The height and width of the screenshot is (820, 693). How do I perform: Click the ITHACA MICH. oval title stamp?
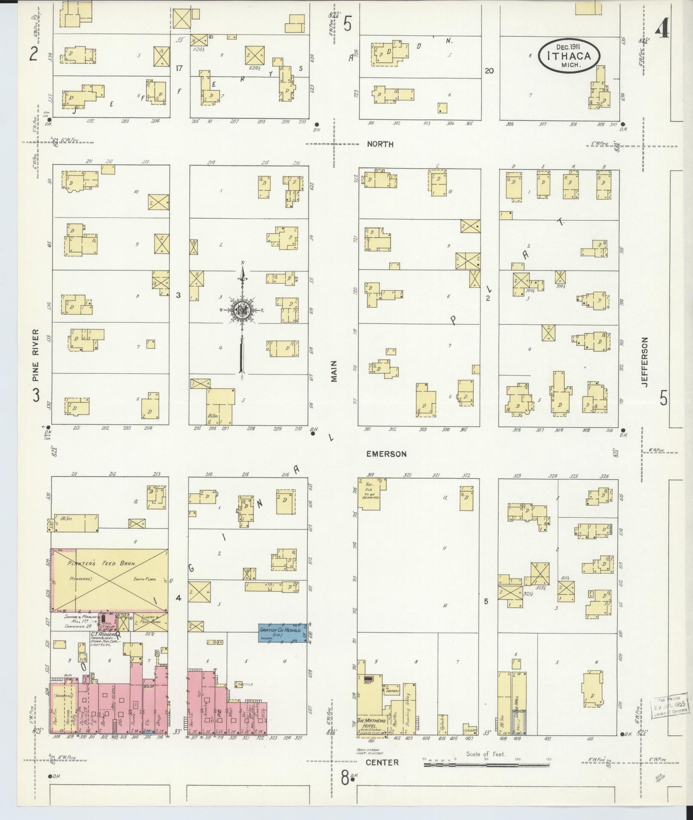(x=569, y=56)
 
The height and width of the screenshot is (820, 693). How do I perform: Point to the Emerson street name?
(x=386, y=454)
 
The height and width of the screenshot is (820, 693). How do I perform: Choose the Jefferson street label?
(x=645, y=362)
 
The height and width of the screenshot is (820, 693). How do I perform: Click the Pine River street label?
(x=36, y=355)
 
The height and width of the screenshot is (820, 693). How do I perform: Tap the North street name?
(x=380, y=144)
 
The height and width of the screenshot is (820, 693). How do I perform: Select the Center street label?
(x=382, y=763)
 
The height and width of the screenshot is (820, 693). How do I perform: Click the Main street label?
(x=333, y=371)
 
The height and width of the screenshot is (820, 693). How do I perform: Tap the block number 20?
(x=489, y=71)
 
